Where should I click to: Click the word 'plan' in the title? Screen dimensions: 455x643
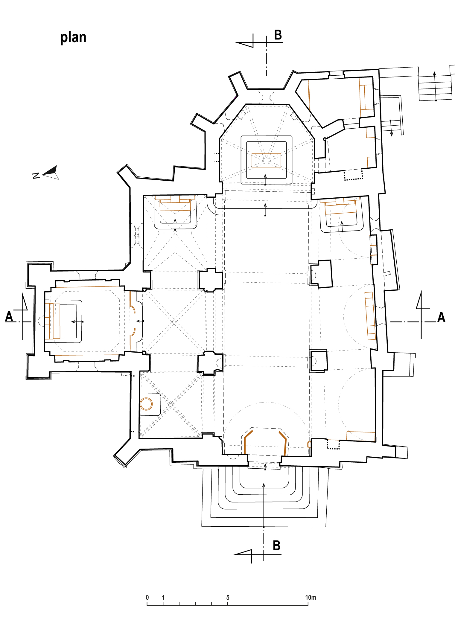(x=73, y=38)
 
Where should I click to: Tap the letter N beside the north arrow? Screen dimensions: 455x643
(x=36, y=176)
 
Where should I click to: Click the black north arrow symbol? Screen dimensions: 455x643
(x=51, y=172)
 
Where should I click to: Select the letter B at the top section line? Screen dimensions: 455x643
(x=278, y=35)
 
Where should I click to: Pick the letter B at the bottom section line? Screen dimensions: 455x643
(x=277, y=546)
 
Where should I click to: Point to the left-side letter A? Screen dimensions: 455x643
(x=9, y=316)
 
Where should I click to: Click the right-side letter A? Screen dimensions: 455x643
(x=441, y=317)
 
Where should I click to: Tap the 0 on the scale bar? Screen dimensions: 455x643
(x=147, y=597)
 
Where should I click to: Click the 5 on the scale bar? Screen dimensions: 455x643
(x=228, y=597)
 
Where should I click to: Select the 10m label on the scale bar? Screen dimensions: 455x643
(x=311, y=597)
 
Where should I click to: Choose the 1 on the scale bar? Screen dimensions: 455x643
(x=163, y=597)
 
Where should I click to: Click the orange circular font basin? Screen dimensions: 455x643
(x=146, y=404)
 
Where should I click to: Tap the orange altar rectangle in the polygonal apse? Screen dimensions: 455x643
(x=266, y=161)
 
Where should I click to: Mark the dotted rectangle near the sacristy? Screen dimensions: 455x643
(x=353, y=175)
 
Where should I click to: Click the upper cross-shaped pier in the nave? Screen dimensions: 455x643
(x=211, y=280)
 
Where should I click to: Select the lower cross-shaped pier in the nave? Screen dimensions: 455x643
(x=210, y=363)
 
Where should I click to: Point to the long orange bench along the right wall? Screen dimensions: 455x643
(x=370, y=316)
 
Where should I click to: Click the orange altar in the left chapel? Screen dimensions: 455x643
(x=53, y=321)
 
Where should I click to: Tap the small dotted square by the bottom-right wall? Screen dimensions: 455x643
(x=333, y=444)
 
